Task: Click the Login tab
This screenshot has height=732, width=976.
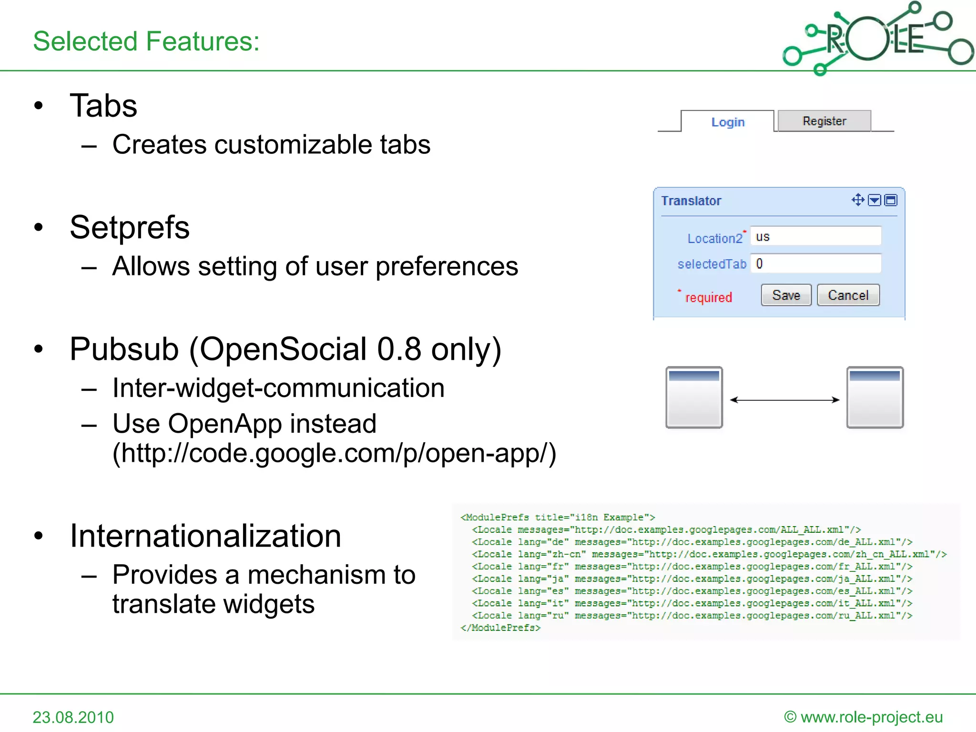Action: click(727, 122)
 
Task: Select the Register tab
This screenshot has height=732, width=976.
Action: click(824, 121)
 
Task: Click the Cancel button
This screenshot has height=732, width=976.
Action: click(848, 295)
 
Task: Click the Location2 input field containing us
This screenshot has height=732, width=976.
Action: click(815, 236)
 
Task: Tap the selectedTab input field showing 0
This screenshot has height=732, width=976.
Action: click(815, 264)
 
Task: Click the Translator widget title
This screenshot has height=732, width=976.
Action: click(691, 201)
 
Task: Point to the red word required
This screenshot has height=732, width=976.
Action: click(708, 297)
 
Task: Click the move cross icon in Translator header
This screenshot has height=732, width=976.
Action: click(858, 200)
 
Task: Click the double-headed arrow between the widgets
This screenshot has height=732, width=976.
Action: click(784, 400)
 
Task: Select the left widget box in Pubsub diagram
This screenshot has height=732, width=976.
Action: click(694, 397)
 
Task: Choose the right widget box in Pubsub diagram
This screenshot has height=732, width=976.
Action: click(875, 397)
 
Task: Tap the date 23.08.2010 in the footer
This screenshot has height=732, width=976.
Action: click(73, 717)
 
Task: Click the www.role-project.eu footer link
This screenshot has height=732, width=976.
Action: click(871, 717)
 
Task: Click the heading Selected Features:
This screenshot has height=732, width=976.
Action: click(146, 41)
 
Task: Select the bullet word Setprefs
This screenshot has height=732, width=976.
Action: click(130, 227)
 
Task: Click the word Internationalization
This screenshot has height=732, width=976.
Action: click(205, 536)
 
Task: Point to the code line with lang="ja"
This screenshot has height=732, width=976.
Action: click(691, 579)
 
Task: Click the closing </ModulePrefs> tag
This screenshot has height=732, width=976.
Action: click(500, 628)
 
